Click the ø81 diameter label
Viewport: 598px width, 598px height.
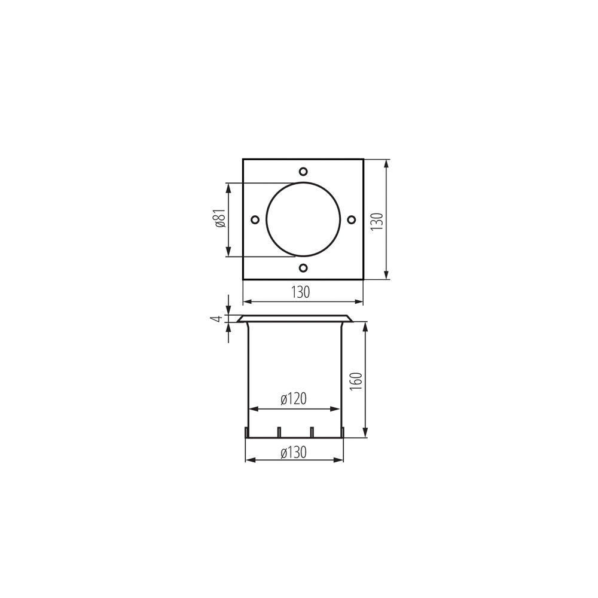[219, 219]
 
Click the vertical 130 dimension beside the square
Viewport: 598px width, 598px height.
[376, 219]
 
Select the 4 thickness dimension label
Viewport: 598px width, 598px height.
[219, 319]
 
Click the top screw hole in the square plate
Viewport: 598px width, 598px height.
[303, 170]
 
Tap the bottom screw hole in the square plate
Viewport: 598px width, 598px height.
[303, 268]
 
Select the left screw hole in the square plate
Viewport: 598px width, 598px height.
[254, 219]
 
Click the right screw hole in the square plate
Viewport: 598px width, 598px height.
[352, 219]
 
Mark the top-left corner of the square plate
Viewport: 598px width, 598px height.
[243, 159]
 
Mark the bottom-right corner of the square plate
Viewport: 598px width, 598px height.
[364, 279]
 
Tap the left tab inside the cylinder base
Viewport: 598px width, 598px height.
[279, 431]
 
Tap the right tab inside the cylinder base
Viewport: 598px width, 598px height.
[312, 431]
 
